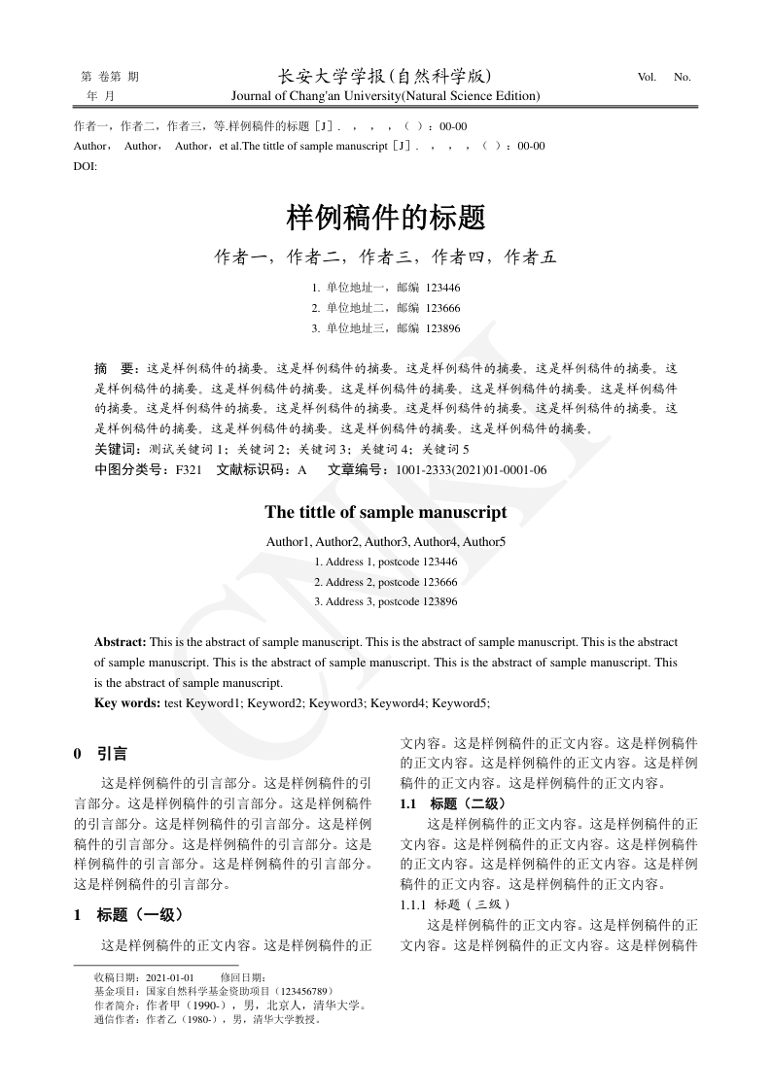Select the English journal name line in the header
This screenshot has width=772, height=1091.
pos(385,96)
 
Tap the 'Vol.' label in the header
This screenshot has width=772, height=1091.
pos(648,77)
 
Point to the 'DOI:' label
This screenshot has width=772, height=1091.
pos(86,165)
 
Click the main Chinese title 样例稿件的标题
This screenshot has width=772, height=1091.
pos(386,217)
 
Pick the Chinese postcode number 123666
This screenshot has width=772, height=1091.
pos(442,308)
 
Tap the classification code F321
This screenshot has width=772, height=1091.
pos(188,469)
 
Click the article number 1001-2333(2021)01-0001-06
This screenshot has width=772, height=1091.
pos(472,469)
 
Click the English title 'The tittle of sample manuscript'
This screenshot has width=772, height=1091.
pos(386,512)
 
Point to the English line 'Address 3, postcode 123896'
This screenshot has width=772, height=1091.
pos(386,601)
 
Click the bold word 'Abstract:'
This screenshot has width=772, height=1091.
pos(121,642)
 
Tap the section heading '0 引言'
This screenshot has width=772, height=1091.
pos(100,753)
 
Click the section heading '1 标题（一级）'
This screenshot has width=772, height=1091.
pos(128,914)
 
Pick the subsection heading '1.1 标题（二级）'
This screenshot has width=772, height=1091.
pos(453,803)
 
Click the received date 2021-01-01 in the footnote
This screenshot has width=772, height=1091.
pos(169,977)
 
